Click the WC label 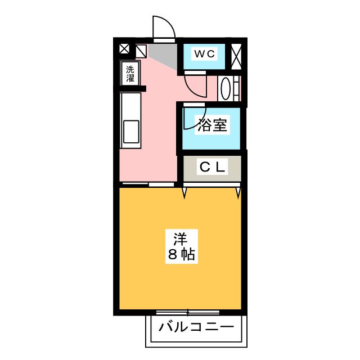tap(205, 54)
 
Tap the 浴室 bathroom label tap(213, 125)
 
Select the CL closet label tap(213, 167)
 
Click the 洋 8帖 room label tap(181, 246)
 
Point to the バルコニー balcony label tap(196, 327)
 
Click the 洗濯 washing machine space tap(130, 74)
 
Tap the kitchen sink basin tap(131, 132)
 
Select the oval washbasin tap(225, 88)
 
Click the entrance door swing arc tap(164, 26)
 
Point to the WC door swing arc tap(196, 85)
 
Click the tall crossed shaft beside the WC tap(236, 56)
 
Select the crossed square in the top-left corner tap(124, 49)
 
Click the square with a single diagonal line tap(141, 51)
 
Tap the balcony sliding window tap(188, 312)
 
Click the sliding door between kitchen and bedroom tap(148, 184)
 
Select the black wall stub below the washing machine tap(133, 89)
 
